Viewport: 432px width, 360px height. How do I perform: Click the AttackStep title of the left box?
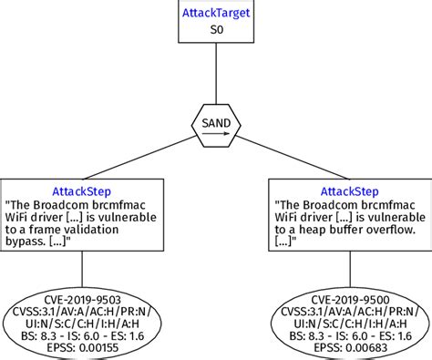83,190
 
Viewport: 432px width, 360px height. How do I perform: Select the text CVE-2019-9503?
83,297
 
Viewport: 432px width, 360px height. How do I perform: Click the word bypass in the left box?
28,247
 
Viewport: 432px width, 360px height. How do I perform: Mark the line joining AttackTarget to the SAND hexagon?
216,73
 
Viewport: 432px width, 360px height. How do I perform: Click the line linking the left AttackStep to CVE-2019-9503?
83,269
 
